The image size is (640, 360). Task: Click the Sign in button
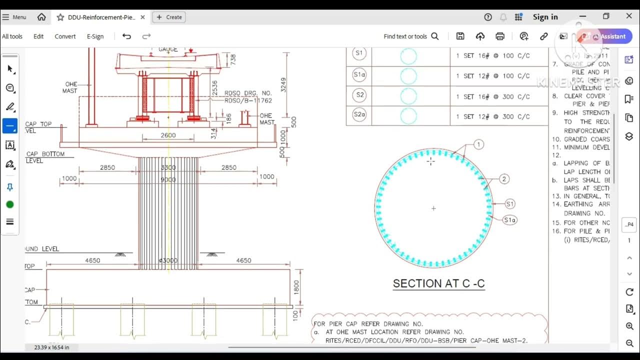click(x=545, y=17)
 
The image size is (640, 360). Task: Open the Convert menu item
click(x=65, y=36)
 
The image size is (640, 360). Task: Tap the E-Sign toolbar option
click(x=95, y=36)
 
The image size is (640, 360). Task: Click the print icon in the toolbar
click(x=500, y=36)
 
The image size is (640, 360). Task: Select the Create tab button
click(x=169, y=17)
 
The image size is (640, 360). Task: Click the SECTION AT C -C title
click(x=438, y=283)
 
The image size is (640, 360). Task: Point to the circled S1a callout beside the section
click(x=509, y=220)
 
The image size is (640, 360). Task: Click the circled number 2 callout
click(x=504, y=179)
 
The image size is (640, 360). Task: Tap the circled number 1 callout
click(x=478, y=145)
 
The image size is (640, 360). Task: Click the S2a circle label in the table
click(x=359, y=115)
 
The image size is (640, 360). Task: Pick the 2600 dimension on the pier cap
click(x=168, y=135)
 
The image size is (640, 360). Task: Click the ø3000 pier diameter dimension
click(x=168, y=260)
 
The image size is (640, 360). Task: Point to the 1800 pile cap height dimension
click(x=296, y=287)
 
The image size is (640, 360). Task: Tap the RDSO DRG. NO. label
click(x=247, y=93)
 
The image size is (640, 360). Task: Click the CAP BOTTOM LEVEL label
click(x=45, y=157)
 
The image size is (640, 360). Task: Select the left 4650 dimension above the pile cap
click(x=92, y=260)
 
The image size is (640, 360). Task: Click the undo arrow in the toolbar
click(x=126, y=36)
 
